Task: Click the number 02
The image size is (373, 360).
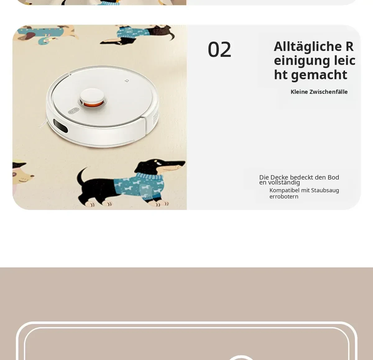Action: [x=219, y=49]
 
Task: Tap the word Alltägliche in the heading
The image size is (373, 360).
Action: [x=308, y=47]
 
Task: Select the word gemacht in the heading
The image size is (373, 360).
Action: [x=319, y=75]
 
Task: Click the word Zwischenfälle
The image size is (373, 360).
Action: [x=328, y=92]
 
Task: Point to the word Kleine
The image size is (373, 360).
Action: [x=299, y=92]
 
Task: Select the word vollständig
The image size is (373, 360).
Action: [x=284, y=183]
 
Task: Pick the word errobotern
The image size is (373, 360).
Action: [x=284, y=197]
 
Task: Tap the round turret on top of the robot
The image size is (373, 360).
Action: [x=92, y=98]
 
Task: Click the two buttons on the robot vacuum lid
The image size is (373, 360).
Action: [x=73, y=111]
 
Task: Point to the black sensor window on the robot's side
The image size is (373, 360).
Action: [x=60, y=126]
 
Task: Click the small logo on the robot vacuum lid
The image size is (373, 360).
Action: [x=127, y=81]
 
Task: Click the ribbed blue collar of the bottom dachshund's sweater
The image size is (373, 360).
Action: [x=150, y=176]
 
